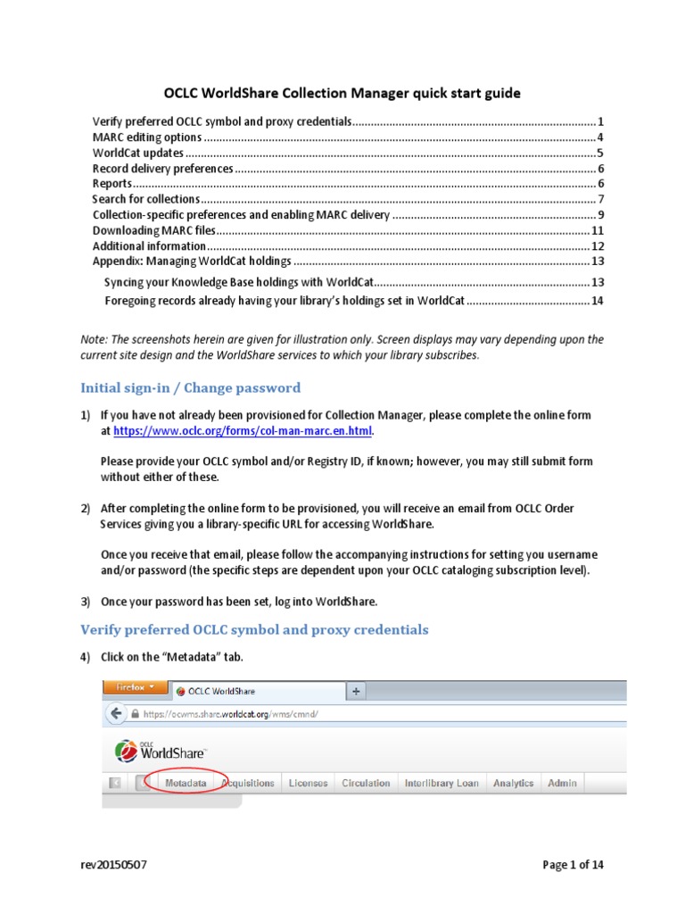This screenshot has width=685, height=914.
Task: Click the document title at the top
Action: [342, 93]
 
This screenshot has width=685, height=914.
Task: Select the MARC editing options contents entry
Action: [148, 137]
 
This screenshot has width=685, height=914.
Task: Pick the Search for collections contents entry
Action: [146, 199]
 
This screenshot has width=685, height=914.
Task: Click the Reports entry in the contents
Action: [113, 184]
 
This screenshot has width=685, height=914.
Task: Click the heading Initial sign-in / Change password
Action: [190, 388]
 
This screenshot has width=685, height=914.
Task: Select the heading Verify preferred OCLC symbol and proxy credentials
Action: [254, 630]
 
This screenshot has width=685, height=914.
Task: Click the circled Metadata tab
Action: [186, 783]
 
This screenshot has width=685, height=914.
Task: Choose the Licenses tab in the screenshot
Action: [308, 783]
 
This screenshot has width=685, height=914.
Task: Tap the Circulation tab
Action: [366, 783]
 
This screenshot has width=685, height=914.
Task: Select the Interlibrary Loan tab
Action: [442, 783]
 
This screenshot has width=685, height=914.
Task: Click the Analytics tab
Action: [514, 783]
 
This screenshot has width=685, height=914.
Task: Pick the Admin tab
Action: [562, 783]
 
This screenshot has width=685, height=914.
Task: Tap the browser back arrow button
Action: [116, 714]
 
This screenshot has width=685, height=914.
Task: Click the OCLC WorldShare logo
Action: [161, 752]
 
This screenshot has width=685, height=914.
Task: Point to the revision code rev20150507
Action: [111, 865]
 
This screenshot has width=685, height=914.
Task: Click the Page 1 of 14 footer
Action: [578, 865]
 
